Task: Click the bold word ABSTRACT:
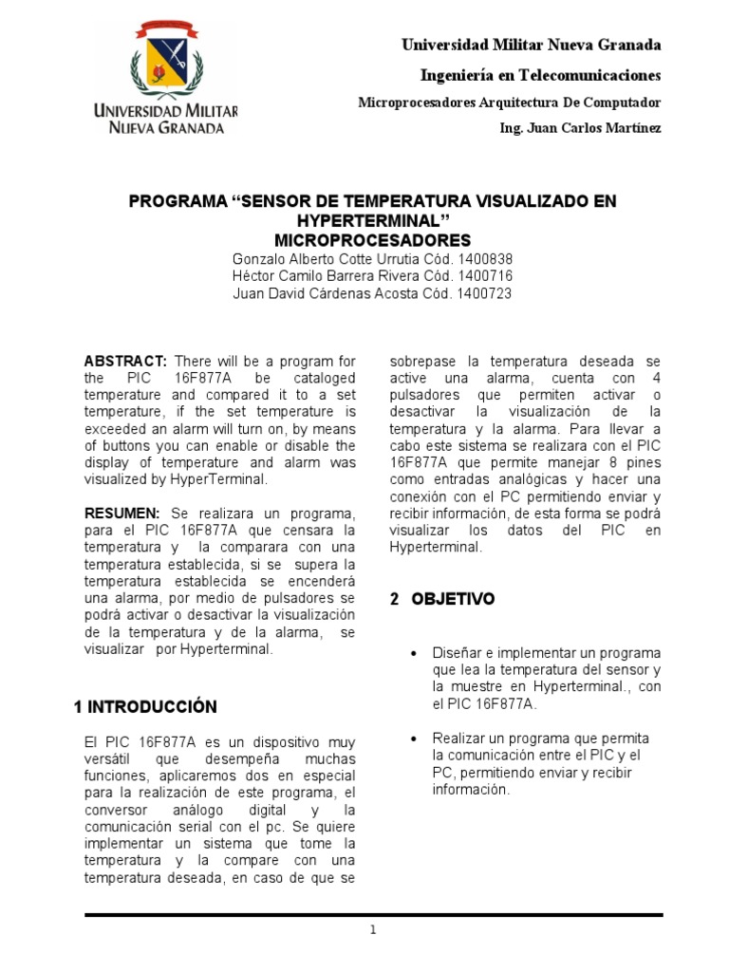(125, 361)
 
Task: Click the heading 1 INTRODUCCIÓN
(145, 706)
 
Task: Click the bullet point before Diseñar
(413, 656)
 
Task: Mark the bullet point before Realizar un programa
(413, 738)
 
